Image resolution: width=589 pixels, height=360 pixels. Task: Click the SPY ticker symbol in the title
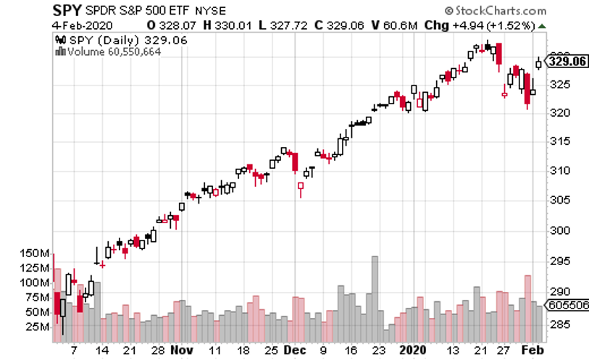(67, 11)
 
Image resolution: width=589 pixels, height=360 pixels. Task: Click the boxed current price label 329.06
(567, 62)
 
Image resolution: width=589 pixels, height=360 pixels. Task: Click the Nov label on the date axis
(184, 350)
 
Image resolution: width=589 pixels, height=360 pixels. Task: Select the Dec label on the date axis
(295, 350)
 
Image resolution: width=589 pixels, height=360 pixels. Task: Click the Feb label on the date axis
(532, 350)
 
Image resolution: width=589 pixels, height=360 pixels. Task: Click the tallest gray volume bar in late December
(375, 293)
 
